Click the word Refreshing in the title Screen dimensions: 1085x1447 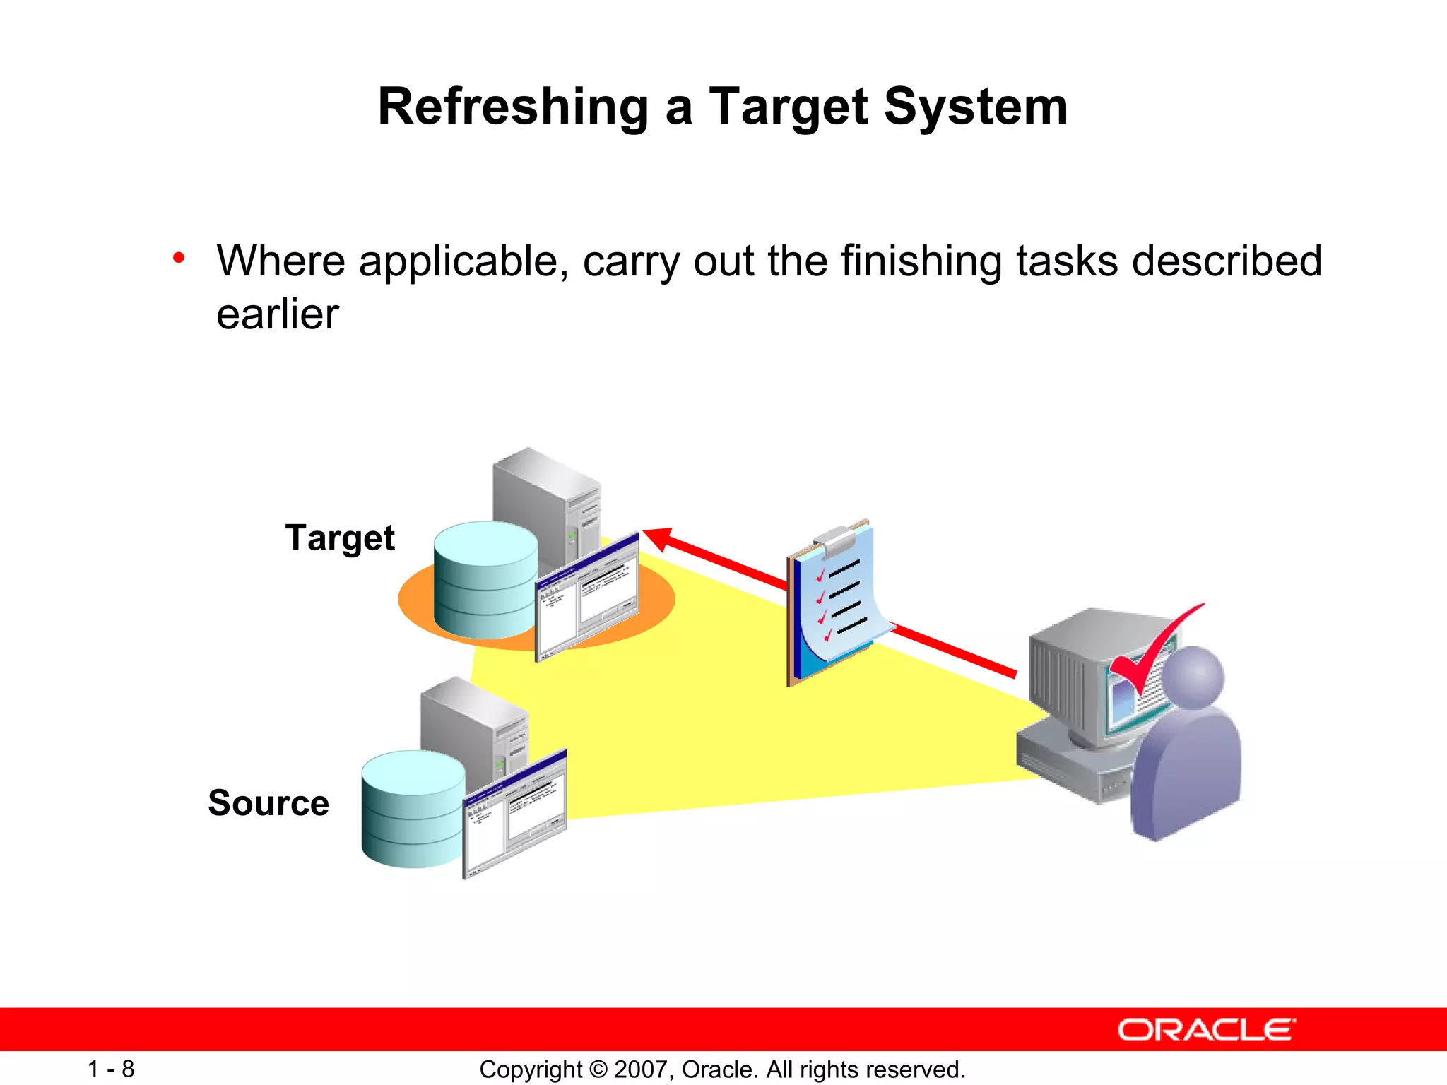point(513,107)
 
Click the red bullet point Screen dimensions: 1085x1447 point(179,259)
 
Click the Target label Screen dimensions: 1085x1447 point(340,538)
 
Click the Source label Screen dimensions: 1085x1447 point(268,803)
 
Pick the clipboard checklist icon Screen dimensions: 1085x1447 point(834,600)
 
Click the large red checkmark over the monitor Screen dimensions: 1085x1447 point(1152,650)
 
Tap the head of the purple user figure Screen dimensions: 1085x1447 point(1193,677)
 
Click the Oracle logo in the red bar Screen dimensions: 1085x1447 point(1206,1030)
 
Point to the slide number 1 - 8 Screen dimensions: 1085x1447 point(111,1069)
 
